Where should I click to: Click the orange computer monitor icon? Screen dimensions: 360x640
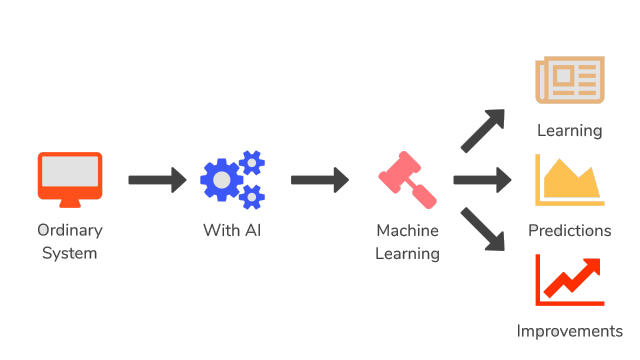coord(69,175)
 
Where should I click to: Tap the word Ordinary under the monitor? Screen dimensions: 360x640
coord(69,230)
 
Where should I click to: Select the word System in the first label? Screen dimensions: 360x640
coord(69,253)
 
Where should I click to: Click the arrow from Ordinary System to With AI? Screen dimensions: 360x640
coord(157,180)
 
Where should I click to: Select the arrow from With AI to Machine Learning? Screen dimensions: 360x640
coord(319,180)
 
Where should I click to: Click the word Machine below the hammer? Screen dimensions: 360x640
coord(407,230)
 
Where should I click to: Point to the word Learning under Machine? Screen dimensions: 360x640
coord(407,253)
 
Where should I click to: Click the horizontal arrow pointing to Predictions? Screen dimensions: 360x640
coord(482,180)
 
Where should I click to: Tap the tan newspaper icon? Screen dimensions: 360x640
coord(569,80)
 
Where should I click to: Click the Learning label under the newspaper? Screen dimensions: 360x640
coord(569,130)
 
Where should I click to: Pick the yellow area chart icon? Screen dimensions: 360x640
coord(569,180)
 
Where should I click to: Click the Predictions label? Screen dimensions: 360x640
coord(569,230)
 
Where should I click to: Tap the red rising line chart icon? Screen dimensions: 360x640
coord(569,280)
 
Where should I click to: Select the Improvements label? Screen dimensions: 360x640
coord(569,331)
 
